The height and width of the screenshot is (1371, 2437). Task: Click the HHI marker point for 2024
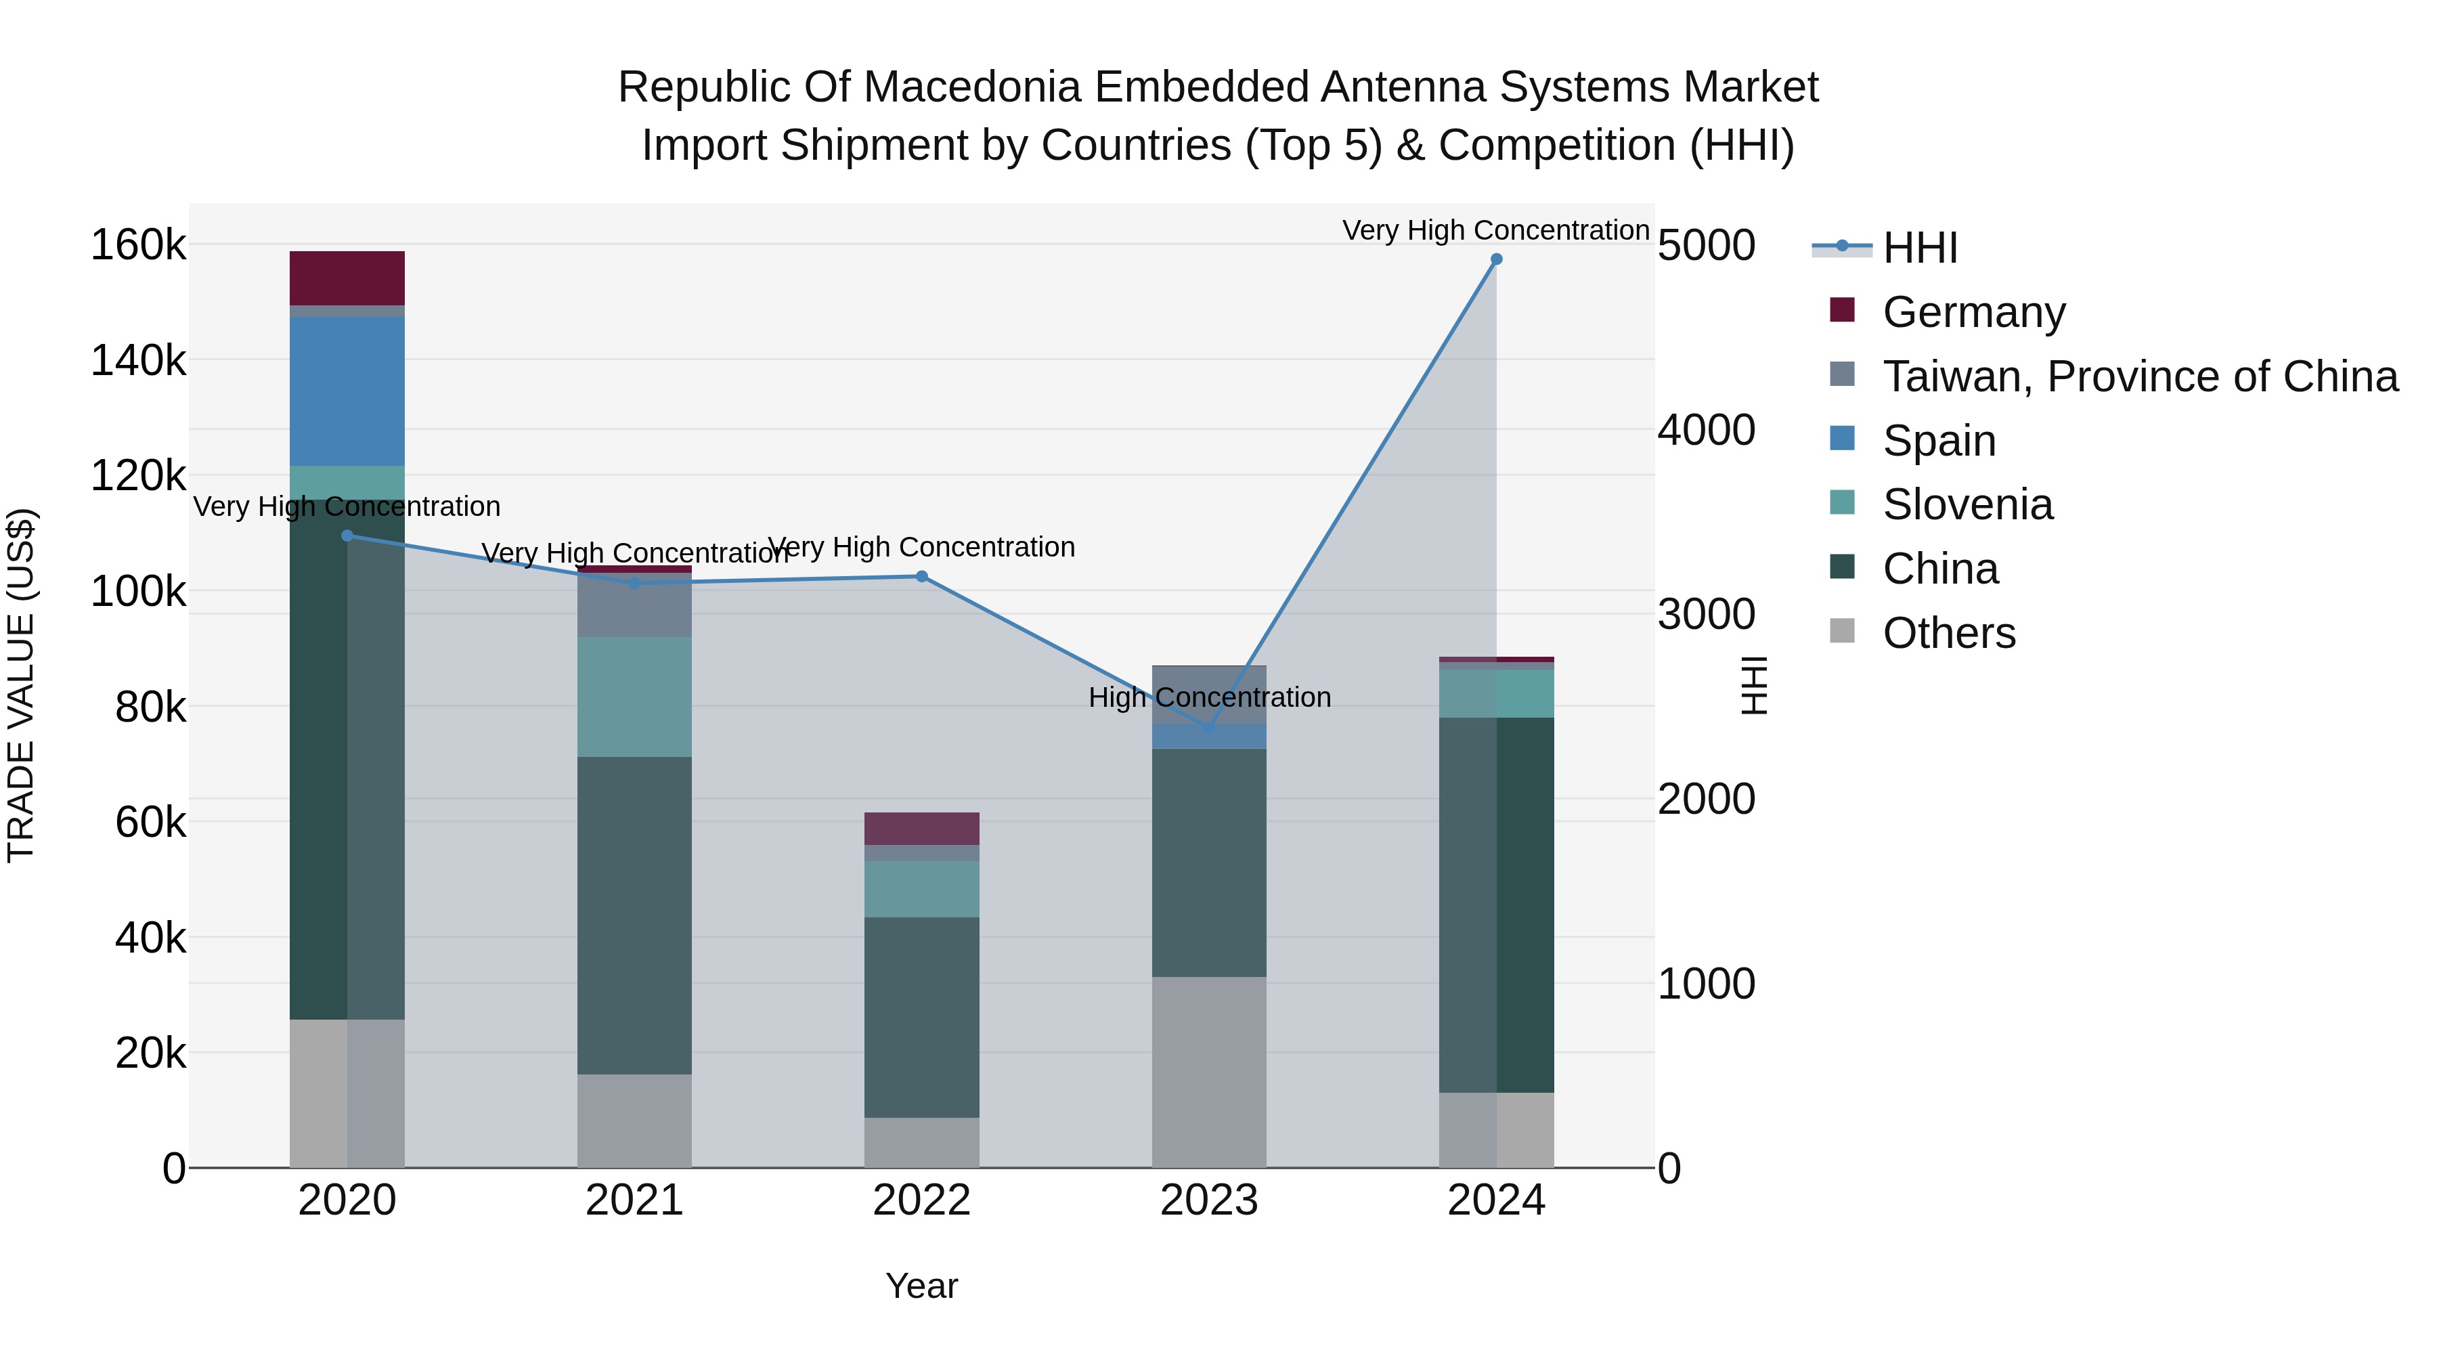point(1495,259)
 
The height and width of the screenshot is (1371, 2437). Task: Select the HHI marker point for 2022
point(921,576)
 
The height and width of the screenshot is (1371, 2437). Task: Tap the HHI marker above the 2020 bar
point(347,536)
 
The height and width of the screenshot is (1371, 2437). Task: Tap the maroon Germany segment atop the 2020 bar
point(347,278)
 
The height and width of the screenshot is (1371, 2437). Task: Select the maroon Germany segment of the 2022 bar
point(921,829)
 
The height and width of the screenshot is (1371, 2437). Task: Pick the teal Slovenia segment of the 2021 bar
point(634,697)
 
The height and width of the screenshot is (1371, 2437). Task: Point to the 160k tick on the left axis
point(138,245)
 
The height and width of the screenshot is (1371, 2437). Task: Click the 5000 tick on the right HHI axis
point(1706,245)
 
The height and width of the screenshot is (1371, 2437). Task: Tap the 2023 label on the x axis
point(1208,1200)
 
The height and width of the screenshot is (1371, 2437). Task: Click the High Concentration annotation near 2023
point(1209,697)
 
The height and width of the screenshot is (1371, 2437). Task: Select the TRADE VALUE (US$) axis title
point(21,685)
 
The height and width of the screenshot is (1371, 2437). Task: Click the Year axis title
point(921,1286)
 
